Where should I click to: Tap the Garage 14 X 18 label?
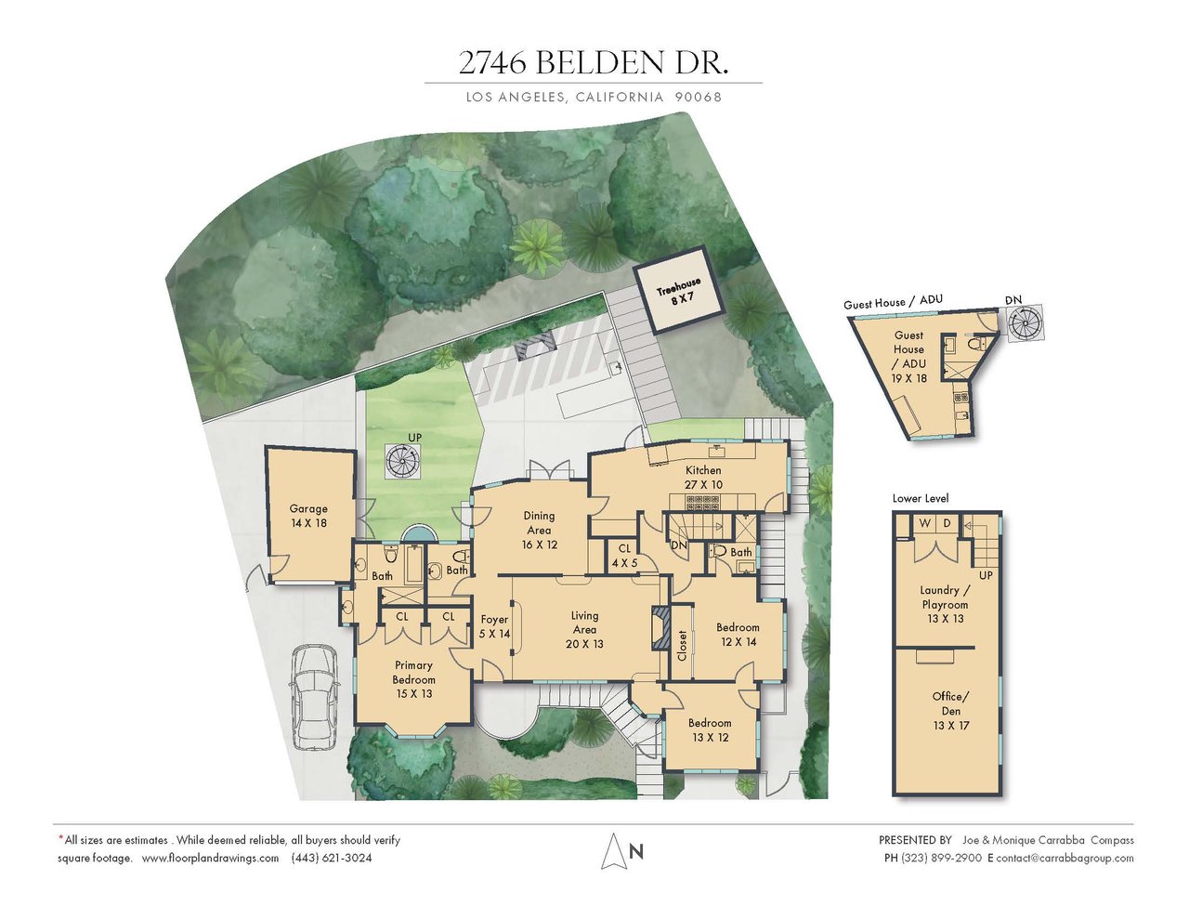[308, 516]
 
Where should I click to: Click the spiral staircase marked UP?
[404, 462]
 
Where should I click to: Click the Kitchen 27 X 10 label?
[703, 478]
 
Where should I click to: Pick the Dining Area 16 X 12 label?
[539, 530]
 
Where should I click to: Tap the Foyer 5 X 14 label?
[494, 626]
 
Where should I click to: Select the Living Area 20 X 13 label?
[584, 630]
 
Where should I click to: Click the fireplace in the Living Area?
[660, 628]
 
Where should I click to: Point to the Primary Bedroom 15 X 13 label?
[413, 679]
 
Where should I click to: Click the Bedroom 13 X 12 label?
[711, 729]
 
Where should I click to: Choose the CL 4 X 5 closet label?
[624, 555]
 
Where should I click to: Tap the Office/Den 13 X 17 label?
[951, 711]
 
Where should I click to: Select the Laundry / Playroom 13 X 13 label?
[945, 604]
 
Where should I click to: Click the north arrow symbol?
[614, 850]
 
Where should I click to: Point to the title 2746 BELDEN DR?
[594, 63]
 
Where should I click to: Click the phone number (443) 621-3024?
[332, 858]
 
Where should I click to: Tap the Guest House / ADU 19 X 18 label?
[908, 356]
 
